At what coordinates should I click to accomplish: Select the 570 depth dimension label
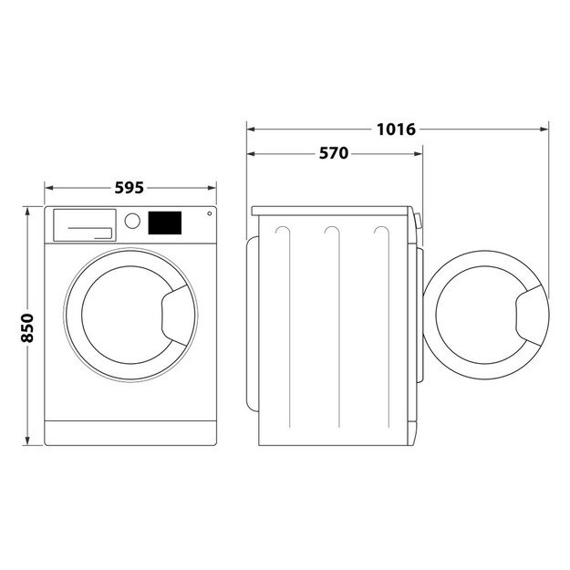tap(333, 153)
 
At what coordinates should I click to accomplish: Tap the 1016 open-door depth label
tap(396, 130)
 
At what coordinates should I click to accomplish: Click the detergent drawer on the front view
tap(83, 224)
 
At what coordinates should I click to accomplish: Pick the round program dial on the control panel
tap(132, 221)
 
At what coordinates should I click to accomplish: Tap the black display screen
tap(164, 222)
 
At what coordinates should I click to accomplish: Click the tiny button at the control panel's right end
tap(209, 214)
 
